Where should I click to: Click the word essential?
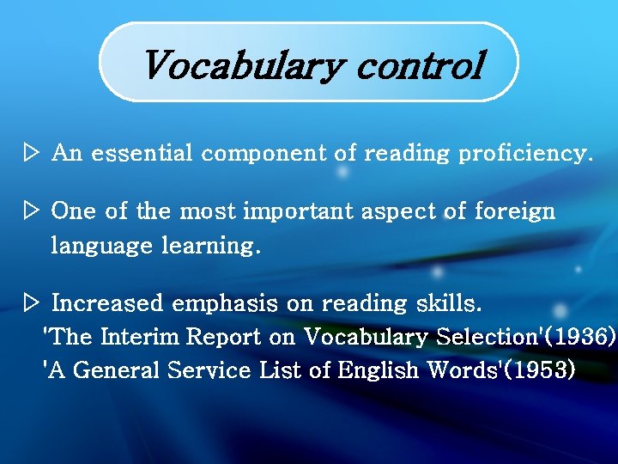[x=144, y=154]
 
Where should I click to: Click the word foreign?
[x=514, y=211]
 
